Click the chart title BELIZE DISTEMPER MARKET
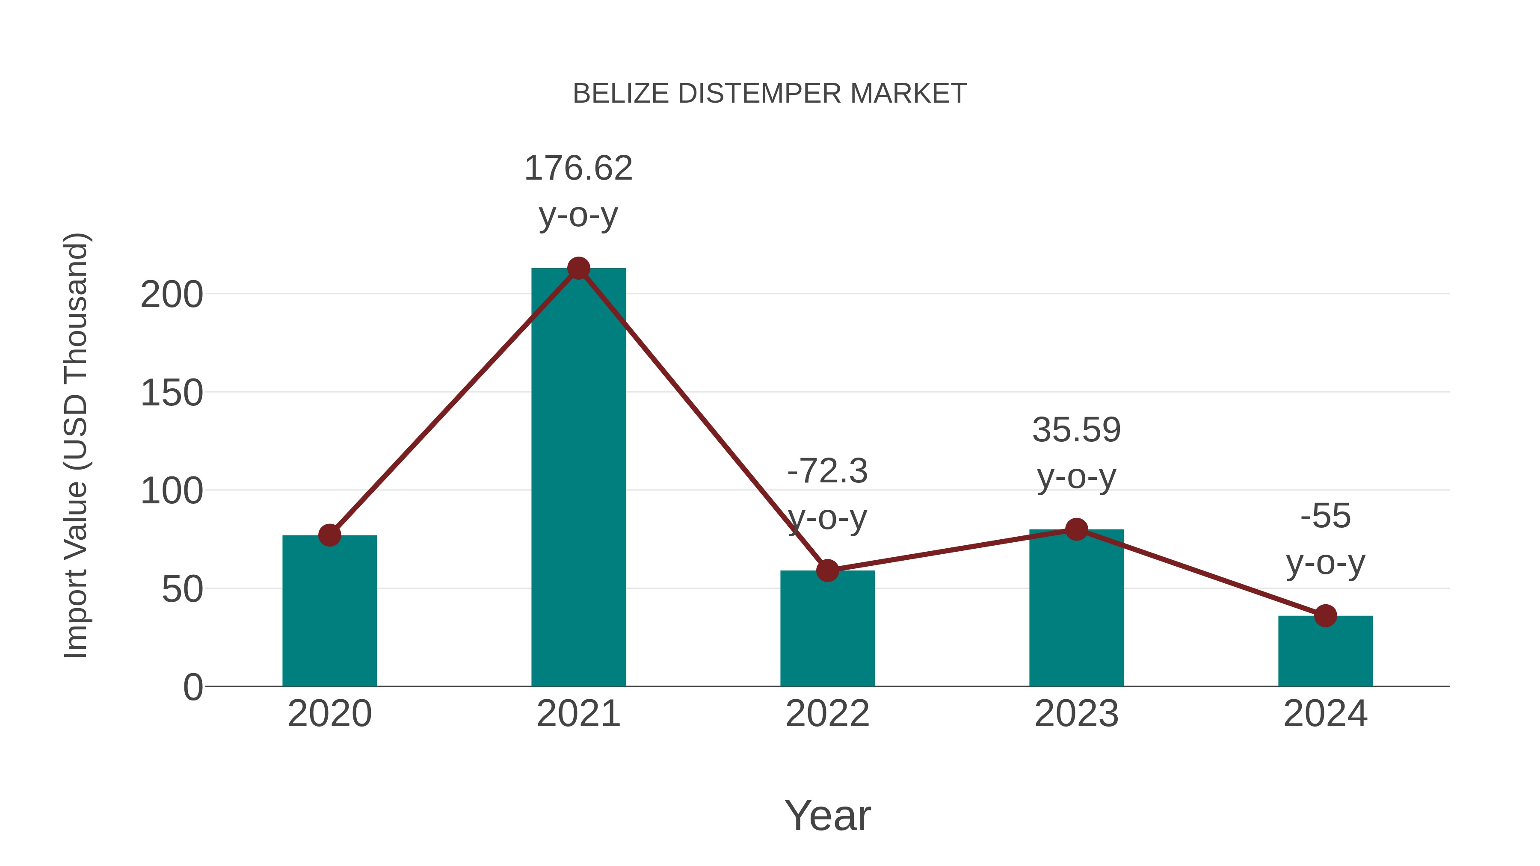770,94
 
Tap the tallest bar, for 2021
578,478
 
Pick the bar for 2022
827,630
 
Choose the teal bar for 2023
1076,609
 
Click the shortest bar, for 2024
1325,651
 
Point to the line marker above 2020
329,535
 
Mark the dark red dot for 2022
827,571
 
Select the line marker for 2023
1076,529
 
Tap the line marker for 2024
1325,615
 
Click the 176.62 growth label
578,168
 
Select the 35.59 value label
1076,430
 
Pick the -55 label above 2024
1325,516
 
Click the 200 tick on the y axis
172,295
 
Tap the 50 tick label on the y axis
182,589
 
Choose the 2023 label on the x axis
1076,714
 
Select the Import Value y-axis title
77,445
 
